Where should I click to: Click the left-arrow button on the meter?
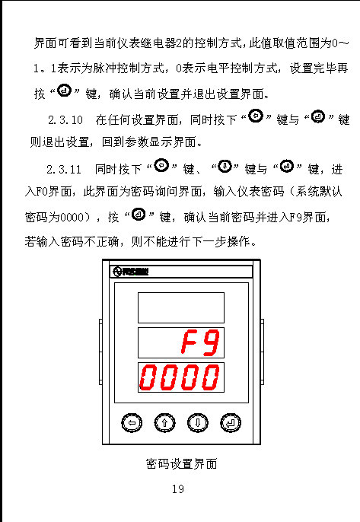pos(132,423)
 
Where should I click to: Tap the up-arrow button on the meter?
pos(164,423)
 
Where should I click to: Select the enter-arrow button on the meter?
pos(231,423)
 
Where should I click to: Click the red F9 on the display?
pos(200,342)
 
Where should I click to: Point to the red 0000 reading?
pos(180,377)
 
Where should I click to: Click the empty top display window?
pos(181,307)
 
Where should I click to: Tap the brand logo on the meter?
pos(131,272)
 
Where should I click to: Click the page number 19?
pos(178,489)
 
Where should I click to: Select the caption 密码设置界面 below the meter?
pos(181,463)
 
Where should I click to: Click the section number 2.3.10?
pos(65,120)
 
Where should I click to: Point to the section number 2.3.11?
pos(64,170)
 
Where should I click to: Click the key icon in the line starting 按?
pos(64,91)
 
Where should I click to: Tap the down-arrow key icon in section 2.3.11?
pos(225,166)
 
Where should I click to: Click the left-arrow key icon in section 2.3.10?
pos(256,116)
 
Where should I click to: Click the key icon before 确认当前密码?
pos(139,214)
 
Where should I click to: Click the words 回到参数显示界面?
pos(149,142)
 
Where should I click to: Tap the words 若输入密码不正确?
pos(72,241)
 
